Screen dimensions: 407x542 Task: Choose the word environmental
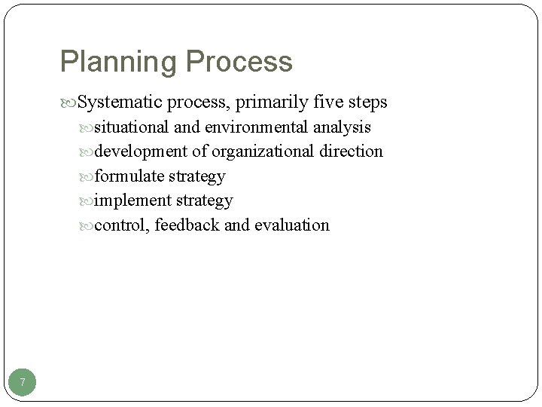coord(251,127)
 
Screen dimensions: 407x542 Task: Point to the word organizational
coord(262,151)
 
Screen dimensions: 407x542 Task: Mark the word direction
coord(350,151)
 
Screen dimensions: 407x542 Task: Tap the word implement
coord(133,200)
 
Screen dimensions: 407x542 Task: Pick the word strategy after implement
coord(204,201)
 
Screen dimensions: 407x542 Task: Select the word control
coord(121,225)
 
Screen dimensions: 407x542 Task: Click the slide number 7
coord(23,383)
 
